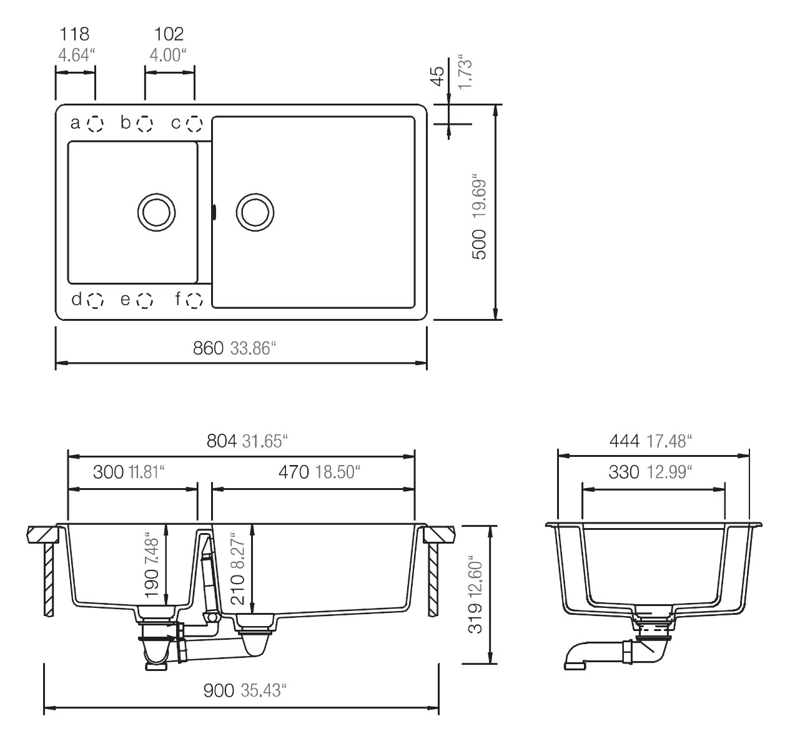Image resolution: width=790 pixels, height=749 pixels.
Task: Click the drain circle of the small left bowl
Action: pos(156,212)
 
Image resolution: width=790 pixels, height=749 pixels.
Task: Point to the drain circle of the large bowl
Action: pos(255,212)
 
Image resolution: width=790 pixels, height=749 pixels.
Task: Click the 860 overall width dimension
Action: pos(208,348)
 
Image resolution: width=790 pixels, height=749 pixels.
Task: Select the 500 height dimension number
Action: pos(480,244)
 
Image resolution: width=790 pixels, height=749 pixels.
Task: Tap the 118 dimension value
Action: pos(74,34)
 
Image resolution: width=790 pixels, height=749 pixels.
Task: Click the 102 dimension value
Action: pos(169,34)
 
